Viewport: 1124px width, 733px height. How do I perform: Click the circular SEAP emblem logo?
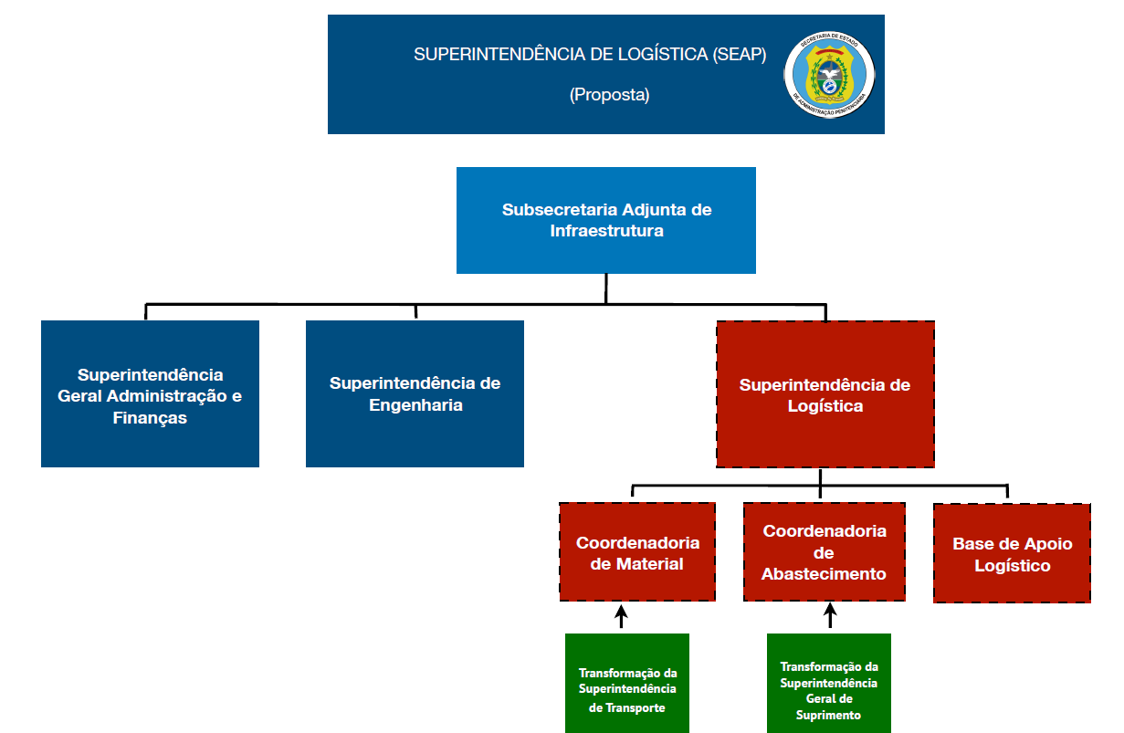[x=829, y=75]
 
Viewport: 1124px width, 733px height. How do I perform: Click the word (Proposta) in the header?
[x=609, y=94]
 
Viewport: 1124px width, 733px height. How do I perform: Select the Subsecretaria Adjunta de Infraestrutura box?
[x=606, y=220]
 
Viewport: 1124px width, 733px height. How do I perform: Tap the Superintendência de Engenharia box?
[x=415, y=393]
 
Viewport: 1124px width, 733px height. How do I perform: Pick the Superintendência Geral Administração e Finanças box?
[x=150, y=393]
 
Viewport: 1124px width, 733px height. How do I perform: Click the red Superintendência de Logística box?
[x=825, y=394]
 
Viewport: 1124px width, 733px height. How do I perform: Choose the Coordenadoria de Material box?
[x=637, y=552]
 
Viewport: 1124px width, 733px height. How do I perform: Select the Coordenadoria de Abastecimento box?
[x=825, y=552]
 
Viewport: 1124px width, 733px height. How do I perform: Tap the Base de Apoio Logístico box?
[x=1012, y=553]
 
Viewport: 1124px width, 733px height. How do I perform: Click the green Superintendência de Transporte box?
[x=627, y=684]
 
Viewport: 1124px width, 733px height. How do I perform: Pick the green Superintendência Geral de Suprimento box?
[x=829, y=684]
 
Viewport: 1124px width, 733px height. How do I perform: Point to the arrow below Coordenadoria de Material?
[x=621, y=616]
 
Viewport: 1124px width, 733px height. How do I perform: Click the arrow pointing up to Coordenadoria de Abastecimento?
[x=830, y=615]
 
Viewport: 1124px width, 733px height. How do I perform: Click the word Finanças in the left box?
[x=150, y=418]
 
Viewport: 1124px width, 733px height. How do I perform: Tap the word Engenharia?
[x=415, y=405]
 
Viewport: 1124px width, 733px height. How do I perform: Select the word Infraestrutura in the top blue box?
[x=606, y=231]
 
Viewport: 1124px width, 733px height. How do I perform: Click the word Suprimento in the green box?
[x=828, y=715]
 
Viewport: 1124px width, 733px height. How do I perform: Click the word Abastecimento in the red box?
[x=824, y=574]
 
